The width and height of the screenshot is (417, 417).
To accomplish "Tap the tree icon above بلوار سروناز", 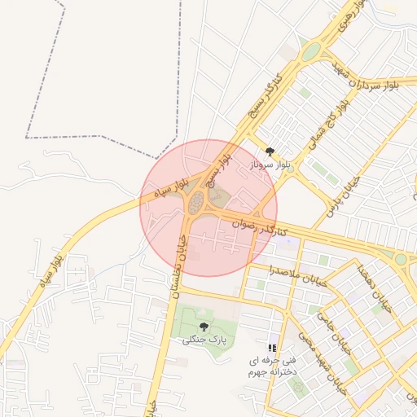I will (270, 151).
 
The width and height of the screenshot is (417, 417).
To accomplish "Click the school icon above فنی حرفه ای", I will (272, 348).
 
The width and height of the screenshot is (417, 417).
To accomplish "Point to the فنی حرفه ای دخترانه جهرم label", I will (273, 366).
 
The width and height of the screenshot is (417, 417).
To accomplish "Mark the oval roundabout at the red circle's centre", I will (196, 203).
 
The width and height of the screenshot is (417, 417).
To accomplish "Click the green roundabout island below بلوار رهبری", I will (310, 52).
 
